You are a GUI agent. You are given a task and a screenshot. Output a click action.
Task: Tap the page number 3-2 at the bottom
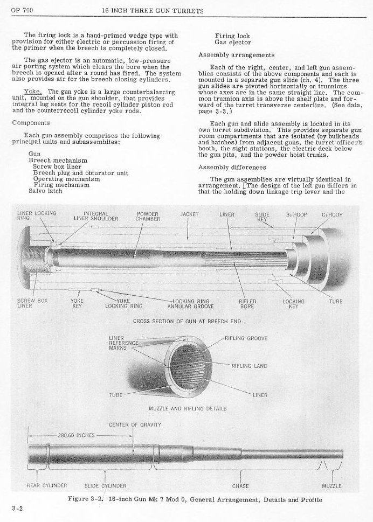pyautogui.click(x=16, y=508)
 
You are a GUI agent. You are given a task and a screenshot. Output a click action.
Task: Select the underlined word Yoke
pyautogui.click(x=33, y=92)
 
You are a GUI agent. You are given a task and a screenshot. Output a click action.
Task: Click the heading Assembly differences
pyautogui.click(x=232, y=168)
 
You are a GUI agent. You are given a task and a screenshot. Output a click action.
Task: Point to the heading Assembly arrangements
pyautogui.click(x=236, y=54)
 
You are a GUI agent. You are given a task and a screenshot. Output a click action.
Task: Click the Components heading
pyautogui.click(x=34, y=122)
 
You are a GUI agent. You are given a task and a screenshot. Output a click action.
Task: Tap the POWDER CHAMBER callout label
pyautogui.click(x=148, y=217)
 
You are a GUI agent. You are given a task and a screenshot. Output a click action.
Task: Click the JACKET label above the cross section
pyautogui.click(x=189, y=214)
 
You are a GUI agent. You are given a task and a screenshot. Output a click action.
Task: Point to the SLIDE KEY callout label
pyautogui.click(x=262, y=217)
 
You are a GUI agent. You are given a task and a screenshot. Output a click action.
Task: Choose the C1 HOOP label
pyautogui.click(x=332, y=214)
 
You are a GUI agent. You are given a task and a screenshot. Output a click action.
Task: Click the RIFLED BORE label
pyautogui.click(x=247, y=304)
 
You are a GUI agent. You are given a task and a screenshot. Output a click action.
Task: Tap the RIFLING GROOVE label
pyautogui.click(x=250, y=338)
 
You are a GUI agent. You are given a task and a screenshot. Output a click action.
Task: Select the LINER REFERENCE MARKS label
pyautogui.click(x=123, y=343)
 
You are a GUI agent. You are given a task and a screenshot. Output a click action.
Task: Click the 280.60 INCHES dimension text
pyautogui.click(x=75, y=435)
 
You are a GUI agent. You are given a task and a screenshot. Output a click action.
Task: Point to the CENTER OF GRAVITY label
pyautogui.click(x=135, y=424)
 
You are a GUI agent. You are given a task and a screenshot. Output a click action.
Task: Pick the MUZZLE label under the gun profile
pyautogui.click(x=331, y=486)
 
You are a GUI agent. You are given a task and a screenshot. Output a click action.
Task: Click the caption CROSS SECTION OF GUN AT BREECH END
pyautogui.click(x=187, y=321)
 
